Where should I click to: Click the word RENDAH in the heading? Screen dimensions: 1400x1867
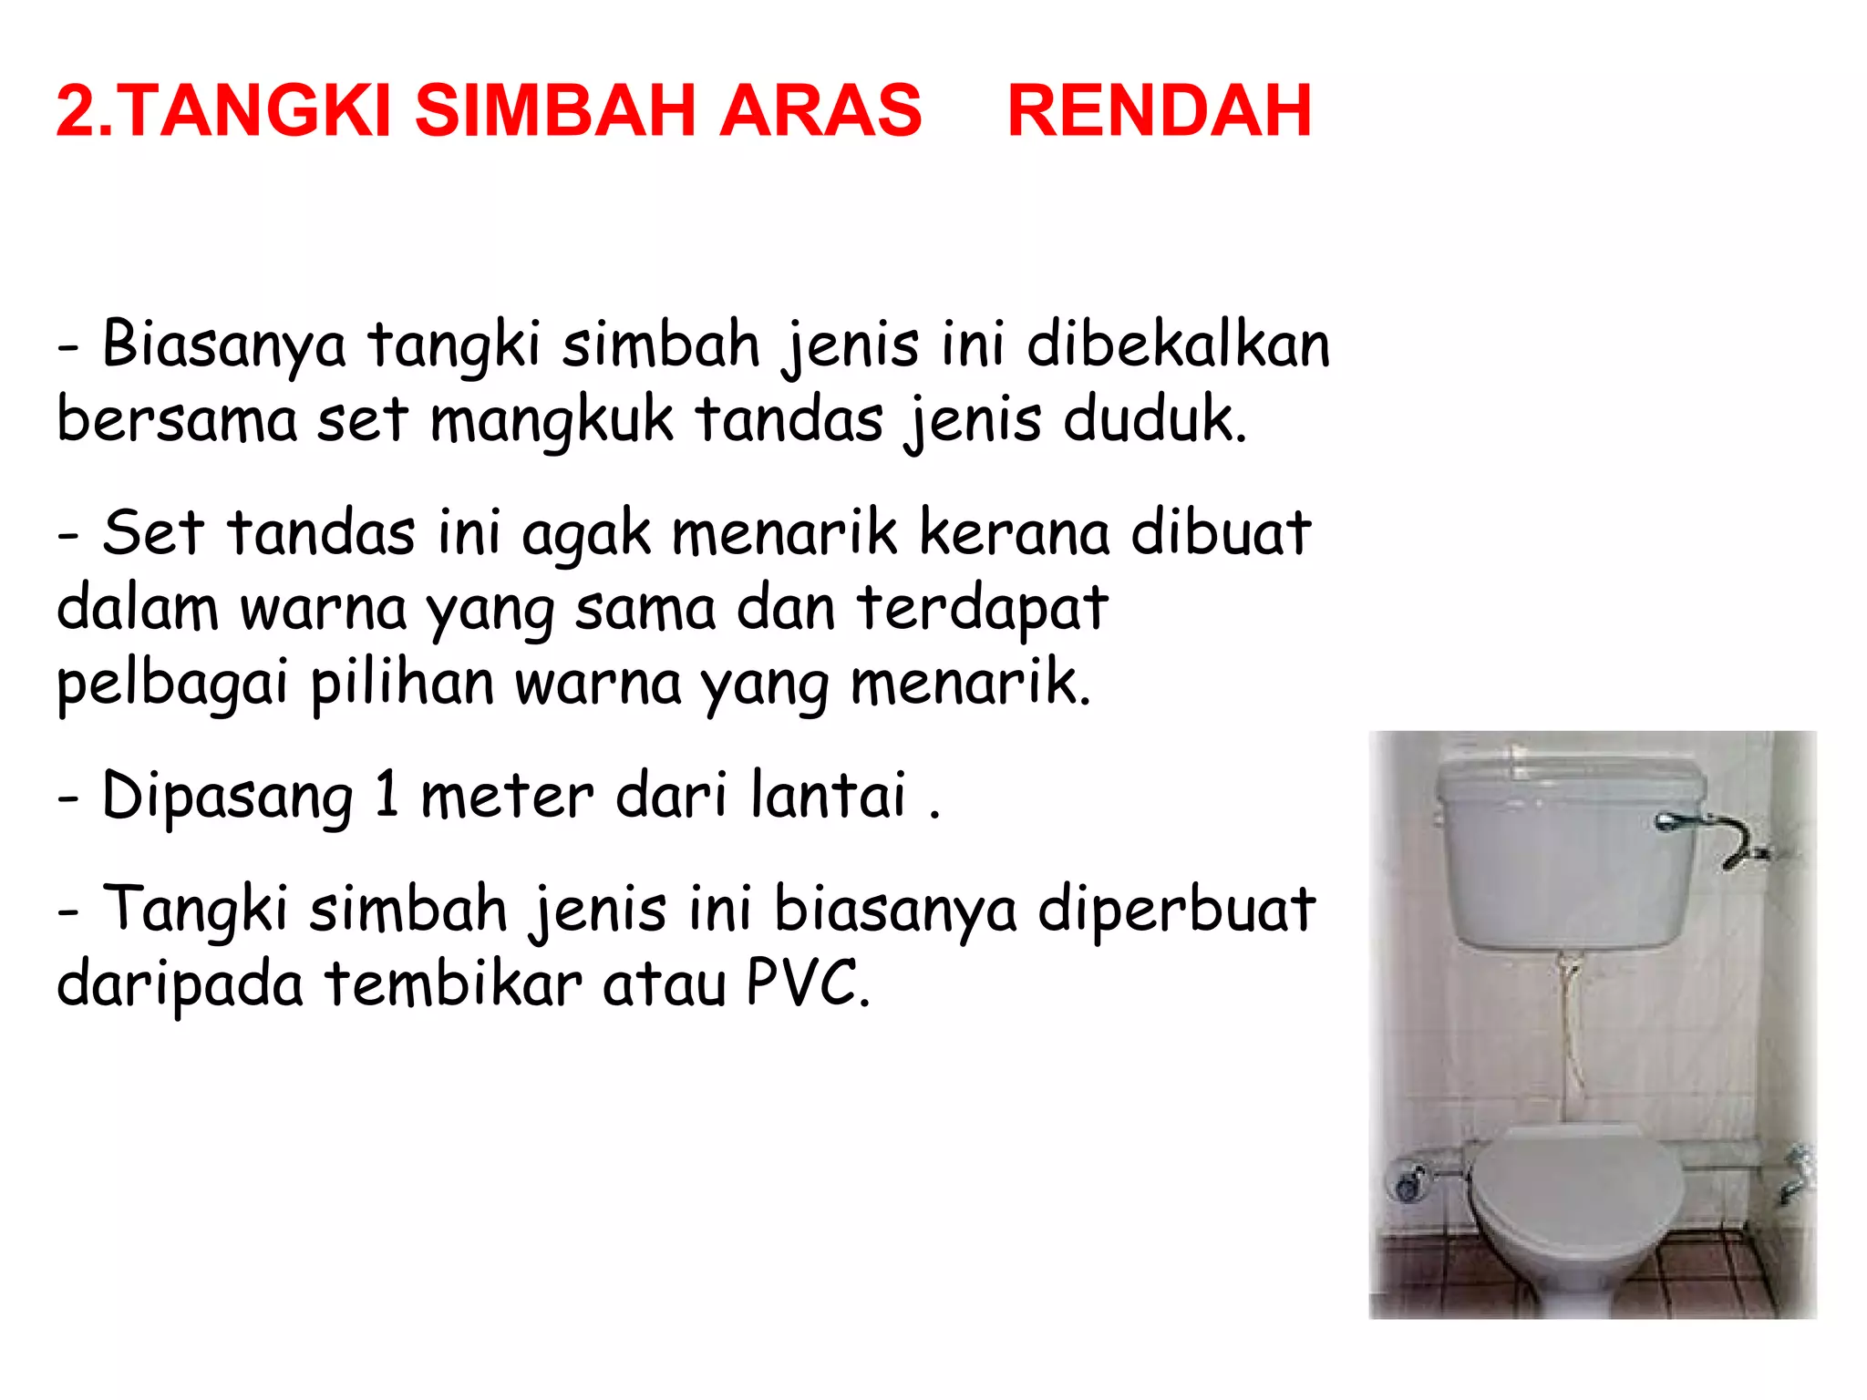tap(1159, 111)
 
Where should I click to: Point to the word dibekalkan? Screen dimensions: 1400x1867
tap(1178, 345)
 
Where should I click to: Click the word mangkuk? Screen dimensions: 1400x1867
tap(552, 421)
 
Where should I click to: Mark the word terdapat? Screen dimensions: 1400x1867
tap(983, 609)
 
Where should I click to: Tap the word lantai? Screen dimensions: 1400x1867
tap(829, 795)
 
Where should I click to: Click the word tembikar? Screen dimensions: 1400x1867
tap(453, 984)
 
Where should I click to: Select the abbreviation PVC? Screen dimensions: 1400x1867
tap(805, 984)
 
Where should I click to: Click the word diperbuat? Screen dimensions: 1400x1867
tap(1176, 910)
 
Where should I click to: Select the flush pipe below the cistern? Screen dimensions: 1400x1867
tap(1570, 1030)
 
